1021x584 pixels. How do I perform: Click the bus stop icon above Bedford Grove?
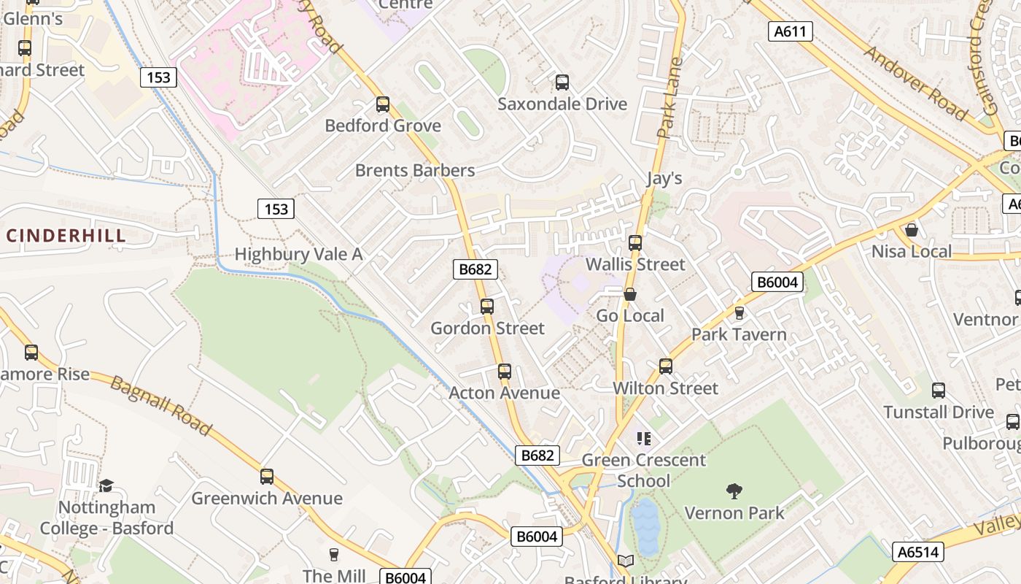(383, 104)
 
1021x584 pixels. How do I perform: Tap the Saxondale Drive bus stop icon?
(562, 82)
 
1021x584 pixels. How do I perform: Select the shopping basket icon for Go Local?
(629, 294)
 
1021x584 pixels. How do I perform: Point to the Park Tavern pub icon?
(739, 313)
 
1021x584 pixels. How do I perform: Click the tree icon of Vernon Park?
(734, 491)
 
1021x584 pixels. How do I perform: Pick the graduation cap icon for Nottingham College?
(106, 485)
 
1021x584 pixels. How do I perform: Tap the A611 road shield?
(791, 31)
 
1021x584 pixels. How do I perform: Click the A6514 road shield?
(917, 552)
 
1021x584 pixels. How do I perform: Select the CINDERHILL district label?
(66, 236)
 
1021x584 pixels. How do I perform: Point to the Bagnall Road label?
(161, 406)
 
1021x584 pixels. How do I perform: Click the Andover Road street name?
(916, 82)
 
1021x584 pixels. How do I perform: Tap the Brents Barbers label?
(415, 170)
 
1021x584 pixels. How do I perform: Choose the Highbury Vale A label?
(298, 254)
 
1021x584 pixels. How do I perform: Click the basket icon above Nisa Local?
(911, 230)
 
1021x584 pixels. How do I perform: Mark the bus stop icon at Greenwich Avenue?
(267, 477)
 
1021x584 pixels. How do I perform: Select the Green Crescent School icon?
(643, 438)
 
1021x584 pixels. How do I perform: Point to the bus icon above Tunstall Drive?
(939, 391)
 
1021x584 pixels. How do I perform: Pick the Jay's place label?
(664, 178)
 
